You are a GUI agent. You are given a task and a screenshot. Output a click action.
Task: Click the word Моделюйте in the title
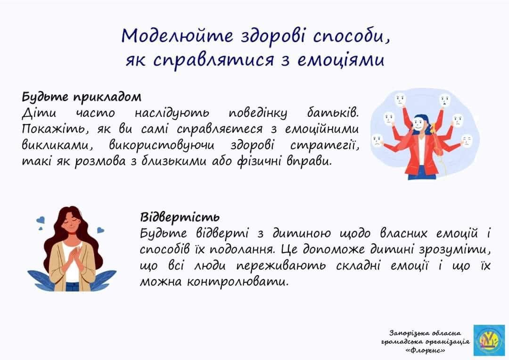pyautogui.click(x=177, y=36)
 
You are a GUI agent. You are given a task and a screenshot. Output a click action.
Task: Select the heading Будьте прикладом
pyautogui.click(x=82, y=97)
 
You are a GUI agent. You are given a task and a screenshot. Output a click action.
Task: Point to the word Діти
pyautogui.click(x=39, y=113)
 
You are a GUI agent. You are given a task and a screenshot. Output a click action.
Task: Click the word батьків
pyautogui.click(x=333, y=113)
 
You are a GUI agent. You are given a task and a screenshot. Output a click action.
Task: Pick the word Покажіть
pyautogui.click(x=51, y=129)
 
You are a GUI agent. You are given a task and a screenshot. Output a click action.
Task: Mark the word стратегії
pyautogui.click(x=325, y=146)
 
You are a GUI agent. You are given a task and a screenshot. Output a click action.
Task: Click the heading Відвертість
pyautogui.click(x=180, y=217)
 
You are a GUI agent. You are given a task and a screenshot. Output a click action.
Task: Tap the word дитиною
pyautogui.click(x=301, y=233)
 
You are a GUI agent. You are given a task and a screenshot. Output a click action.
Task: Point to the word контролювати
pyautogui.click(x=238, y=282)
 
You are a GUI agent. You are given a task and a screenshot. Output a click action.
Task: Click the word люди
pyautogui.click(x=210, y=266)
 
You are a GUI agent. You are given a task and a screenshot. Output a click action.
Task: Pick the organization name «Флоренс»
pyautogui.click(x=425, y=350)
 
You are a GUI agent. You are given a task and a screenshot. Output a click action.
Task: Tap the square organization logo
pyautogui.click(x=489, y=340)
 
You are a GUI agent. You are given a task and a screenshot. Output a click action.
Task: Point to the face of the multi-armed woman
pyautogui.click(x=419, y=124)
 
